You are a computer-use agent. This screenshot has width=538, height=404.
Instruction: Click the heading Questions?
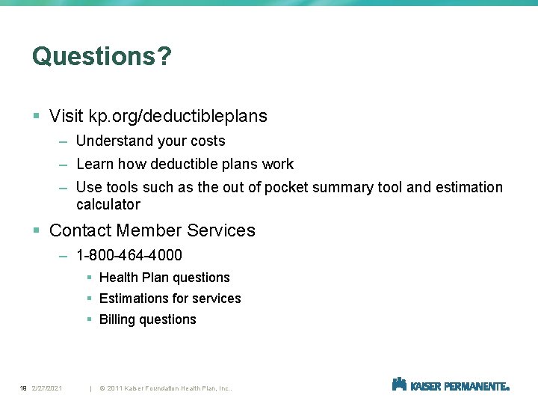tap(102, 56)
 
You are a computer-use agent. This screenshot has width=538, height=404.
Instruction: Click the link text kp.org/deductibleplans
tap(178, 116)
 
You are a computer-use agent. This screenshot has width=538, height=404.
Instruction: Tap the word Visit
tap(66, 116)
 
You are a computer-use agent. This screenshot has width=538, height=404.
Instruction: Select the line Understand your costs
tap(150, 141)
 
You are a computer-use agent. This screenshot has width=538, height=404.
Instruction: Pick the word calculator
tap(108, 204)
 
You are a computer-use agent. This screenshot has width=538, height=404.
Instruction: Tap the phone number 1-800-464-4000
tap(129, 255)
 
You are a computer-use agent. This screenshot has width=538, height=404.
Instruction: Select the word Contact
tap(80, 230)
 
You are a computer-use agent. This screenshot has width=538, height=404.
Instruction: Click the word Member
tap(149, 230)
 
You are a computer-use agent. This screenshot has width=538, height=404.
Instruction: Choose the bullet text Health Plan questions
tap(164, 278)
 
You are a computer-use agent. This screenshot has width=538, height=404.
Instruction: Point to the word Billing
tap(117, 319)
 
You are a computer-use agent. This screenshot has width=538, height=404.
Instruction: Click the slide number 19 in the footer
tap(23, 388)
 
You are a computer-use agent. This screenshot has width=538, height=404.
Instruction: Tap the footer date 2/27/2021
tap(47, 388)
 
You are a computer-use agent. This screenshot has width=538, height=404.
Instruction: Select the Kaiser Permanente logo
tap(451, 385)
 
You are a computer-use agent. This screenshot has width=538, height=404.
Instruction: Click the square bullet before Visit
tap(37, 117)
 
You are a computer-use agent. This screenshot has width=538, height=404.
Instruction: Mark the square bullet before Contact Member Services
tap(37, 231)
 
